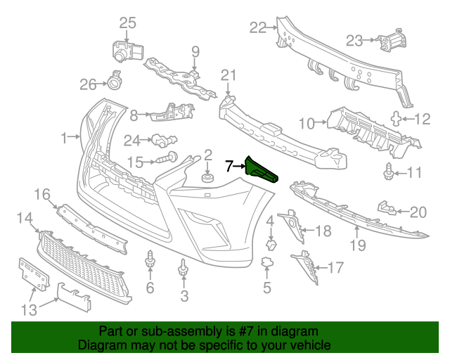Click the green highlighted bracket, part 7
click(259, 170)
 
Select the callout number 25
click(127, 23)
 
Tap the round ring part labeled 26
click(115, 82)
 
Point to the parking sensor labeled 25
click(127, 51)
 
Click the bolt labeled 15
click(167, 157)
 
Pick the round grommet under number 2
click(207, 178)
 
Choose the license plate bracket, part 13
click(33, 274)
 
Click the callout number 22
click(258, 28)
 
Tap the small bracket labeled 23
click(392, 40)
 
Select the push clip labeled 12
click(397, 119)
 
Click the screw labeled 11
click(388, 172)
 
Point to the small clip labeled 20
click(387, 208)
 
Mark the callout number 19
click(358, 245)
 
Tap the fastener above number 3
click(183, 268)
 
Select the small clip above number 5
click(267, 262)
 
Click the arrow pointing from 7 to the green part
click(240, 166)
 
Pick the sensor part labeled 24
click(164, 141)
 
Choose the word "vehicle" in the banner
click(312, 345)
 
